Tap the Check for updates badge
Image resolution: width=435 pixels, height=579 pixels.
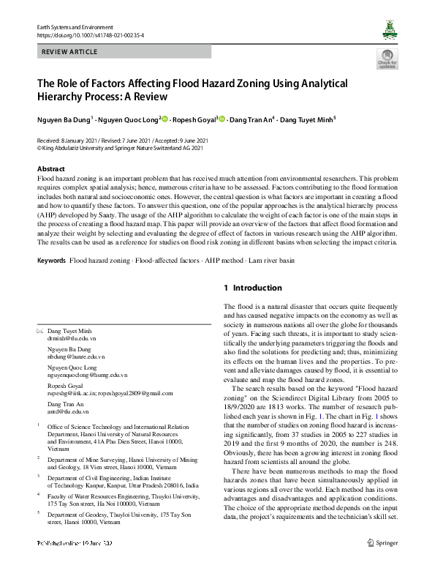tap(387, 59)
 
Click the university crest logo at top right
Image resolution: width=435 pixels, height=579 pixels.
tap(389, 29)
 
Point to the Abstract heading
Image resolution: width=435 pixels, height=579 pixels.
tap(50, 169)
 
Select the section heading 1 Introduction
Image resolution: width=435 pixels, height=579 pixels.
tap(251, 288)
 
